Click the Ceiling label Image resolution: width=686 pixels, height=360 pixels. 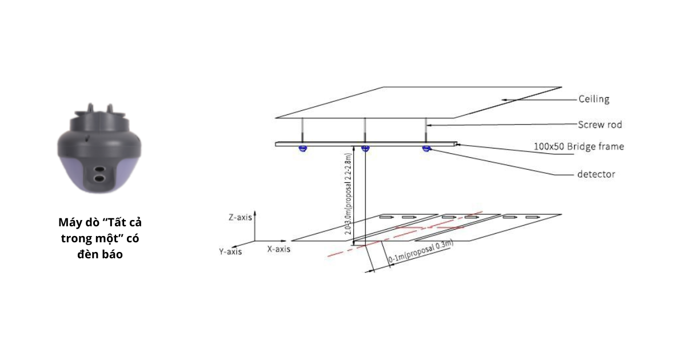[594, 99]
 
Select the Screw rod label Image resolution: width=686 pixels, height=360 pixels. [600, 125]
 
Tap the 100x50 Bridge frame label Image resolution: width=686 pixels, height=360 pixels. [579, 146]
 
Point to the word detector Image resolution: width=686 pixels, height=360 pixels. [596, 174]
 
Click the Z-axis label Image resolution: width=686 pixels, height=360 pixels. [240, 217]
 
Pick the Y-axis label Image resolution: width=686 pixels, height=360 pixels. [230, 251]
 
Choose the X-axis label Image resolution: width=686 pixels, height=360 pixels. [279, 249]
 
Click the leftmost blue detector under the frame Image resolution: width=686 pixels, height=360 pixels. [302, 149]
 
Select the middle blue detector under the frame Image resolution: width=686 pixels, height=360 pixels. [365, 149]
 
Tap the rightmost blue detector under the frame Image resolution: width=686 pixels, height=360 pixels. [426, 149]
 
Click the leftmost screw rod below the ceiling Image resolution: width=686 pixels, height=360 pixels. [302, 130]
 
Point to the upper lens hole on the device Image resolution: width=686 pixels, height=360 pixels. [99, 169]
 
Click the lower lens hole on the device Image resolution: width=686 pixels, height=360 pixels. [99, 178]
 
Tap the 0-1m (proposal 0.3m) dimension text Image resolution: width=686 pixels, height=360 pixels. [421, 251]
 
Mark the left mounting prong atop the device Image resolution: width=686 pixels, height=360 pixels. [90, 109]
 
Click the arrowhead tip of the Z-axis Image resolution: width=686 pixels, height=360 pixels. [255, 211]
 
